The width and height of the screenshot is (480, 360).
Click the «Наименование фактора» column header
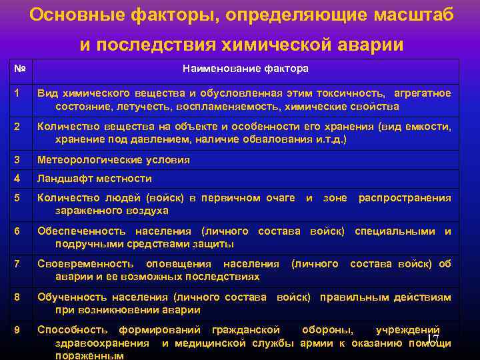pos(245,69)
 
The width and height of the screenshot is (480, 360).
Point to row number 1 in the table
pos(17,93)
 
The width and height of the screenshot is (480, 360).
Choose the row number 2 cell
pos(17,127)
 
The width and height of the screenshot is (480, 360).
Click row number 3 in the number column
pos(17,160)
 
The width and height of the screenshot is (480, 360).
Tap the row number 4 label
pos(17,178)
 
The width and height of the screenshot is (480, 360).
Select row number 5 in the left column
pos(17,197)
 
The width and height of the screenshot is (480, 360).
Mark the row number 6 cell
pos(17,231)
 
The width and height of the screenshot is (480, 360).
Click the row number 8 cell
pos(17,297)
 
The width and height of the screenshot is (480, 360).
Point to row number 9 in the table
pos(17,329)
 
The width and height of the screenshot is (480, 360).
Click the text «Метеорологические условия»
pos(113,160)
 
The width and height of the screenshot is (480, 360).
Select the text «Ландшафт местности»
pos(95,179)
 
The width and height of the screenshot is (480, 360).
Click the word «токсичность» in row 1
pos(351,93)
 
